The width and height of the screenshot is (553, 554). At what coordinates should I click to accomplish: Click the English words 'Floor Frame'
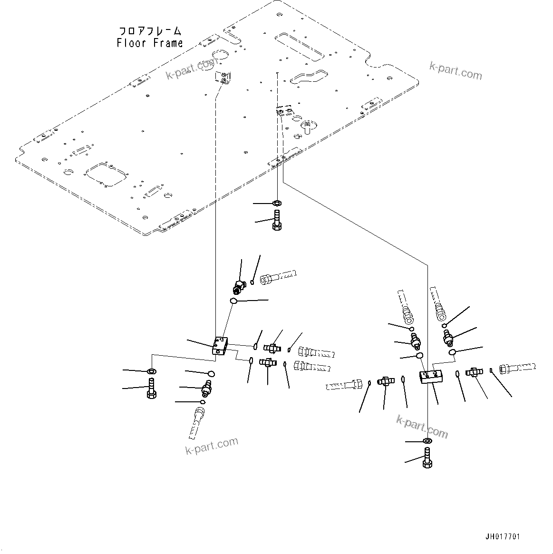(150, 43)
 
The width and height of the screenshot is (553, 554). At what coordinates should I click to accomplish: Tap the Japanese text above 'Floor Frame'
(150, 31)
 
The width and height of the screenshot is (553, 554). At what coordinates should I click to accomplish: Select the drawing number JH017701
(503, 537)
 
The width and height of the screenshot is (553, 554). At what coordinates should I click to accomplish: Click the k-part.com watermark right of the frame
(456, 71)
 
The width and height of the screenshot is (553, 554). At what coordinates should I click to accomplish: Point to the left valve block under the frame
(221, 345)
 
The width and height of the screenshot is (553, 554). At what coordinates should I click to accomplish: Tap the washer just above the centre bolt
(277, 203)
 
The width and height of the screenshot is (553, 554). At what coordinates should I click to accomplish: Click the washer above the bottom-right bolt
(427, 442)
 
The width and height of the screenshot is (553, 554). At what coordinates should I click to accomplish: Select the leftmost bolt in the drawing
(151, 388)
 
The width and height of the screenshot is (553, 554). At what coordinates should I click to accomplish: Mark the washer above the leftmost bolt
(151, 371)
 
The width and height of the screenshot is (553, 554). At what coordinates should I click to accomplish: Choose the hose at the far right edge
(518, 368)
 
